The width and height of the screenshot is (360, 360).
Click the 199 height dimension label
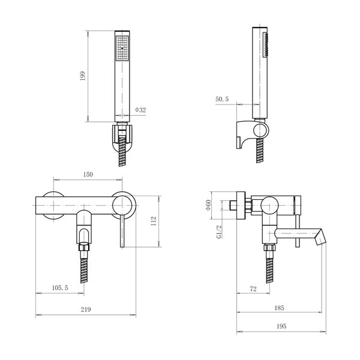tap(83, 76)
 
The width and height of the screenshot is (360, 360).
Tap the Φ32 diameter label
tap(140, 110)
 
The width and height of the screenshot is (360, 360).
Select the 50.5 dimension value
tap(222, 99)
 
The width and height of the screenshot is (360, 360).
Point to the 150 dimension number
tap(88, 175)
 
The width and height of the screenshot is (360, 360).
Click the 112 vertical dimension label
tap(154, 221)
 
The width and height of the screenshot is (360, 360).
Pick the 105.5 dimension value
tap(60, 287)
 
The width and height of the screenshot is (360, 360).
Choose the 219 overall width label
tap(86, 310)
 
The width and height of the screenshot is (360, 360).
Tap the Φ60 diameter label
tap(208, 205)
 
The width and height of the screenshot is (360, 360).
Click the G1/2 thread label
tap(219, 232)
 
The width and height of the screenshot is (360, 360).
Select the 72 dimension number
tap(253, 289)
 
